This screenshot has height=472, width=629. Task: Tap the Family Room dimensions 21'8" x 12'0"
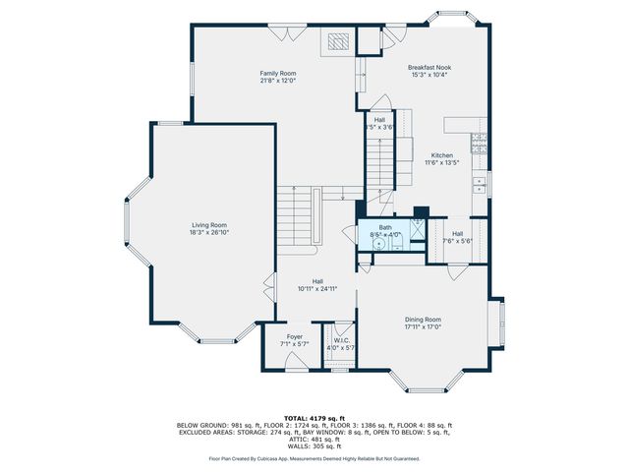(278, 81)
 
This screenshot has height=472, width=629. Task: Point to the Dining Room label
(423, 319)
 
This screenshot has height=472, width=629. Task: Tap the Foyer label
(295, 336)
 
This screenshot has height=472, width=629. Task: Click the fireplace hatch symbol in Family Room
(337, 41)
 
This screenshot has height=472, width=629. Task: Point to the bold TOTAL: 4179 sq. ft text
(314, 417)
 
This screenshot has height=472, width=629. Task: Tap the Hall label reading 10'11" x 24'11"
(317, 284)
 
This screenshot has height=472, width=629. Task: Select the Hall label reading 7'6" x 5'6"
(457, 237)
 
